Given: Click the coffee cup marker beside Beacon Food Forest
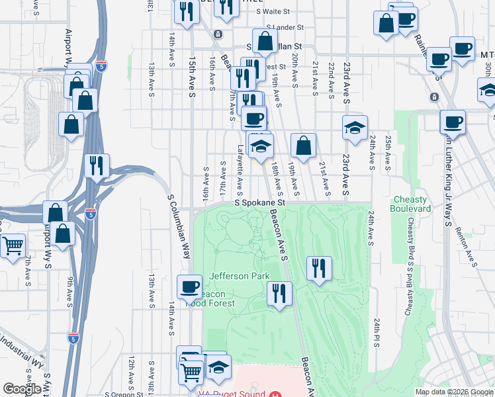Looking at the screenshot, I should [x=189, y=287].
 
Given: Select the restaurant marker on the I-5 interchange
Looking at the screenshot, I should [x=98, y=165].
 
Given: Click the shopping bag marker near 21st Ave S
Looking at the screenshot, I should [x=302, y=146].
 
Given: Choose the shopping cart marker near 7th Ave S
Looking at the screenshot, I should [x=13, y=246].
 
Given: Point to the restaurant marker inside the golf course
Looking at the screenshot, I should [x=319, y=268].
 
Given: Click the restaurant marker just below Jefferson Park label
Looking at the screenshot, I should [x=279, y=293].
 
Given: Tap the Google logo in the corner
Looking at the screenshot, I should [x=22, y=389].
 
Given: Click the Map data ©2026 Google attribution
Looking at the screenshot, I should [x=454, y=392].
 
